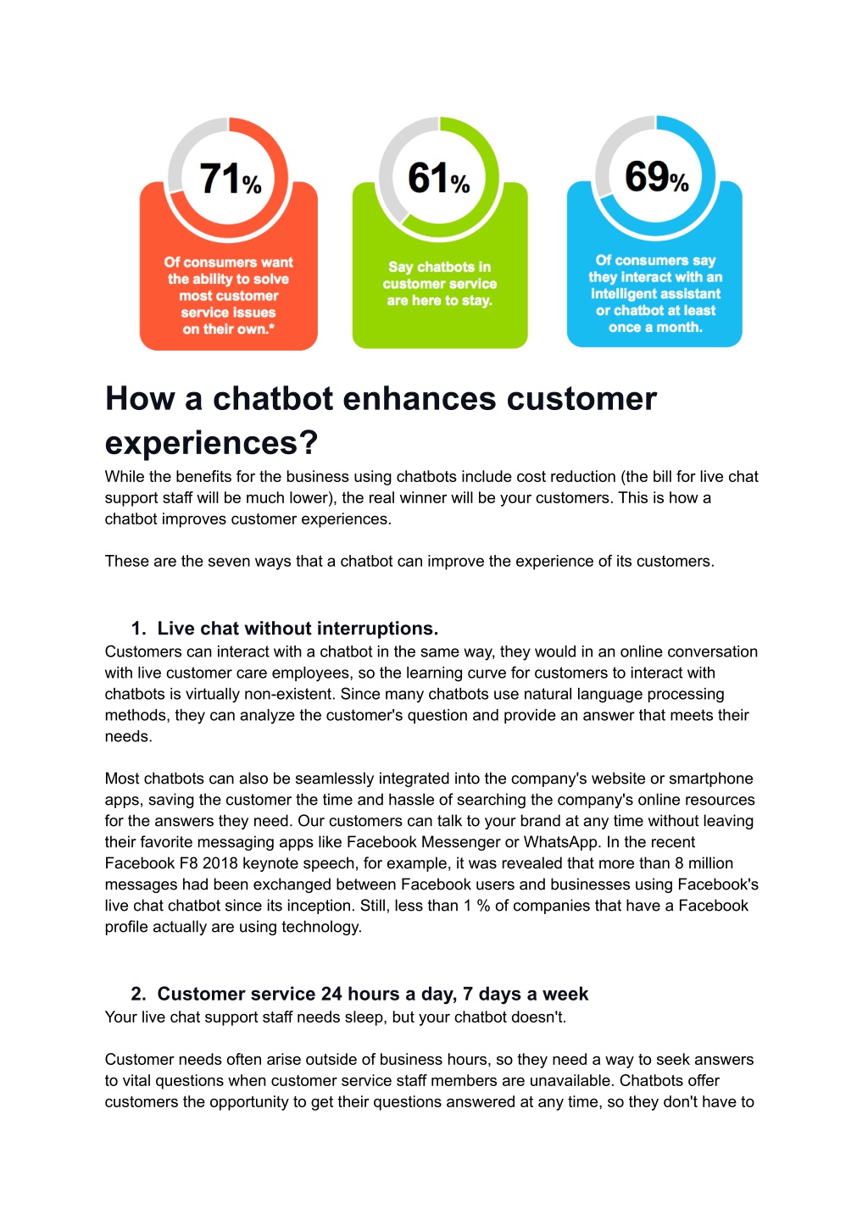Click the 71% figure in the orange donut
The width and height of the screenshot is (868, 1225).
(231, 179)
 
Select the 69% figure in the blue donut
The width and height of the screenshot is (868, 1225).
(656, 177)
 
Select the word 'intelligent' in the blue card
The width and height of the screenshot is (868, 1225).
(625, 294)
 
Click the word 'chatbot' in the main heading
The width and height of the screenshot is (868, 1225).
(273, 399)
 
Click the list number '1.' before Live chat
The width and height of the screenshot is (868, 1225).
(138, 629)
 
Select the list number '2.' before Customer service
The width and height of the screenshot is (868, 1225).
(138, 994)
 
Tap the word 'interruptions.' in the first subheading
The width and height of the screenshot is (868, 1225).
(377, 629)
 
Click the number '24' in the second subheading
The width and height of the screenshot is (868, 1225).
(331, 994)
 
